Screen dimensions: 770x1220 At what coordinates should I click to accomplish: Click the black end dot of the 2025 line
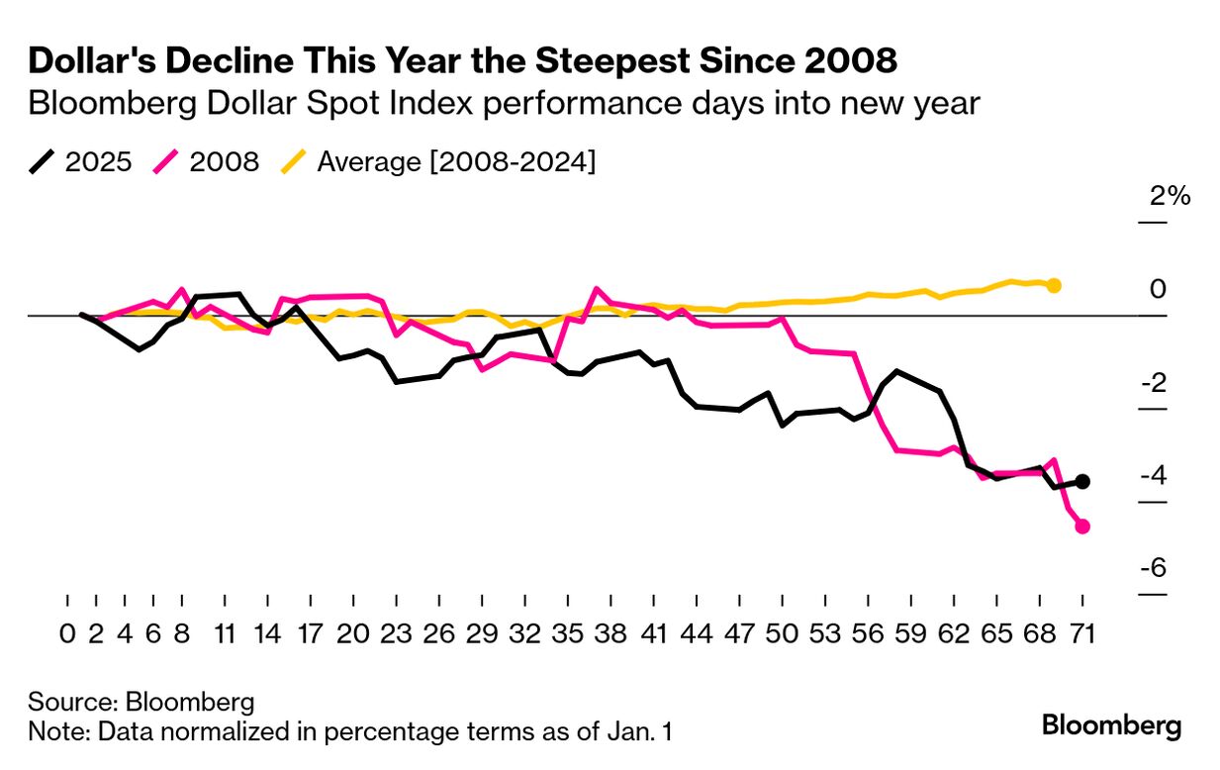(x=1082, y=481)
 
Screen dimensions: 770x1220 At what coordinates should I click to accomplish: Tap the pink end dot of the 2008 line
(x=1082, y=527)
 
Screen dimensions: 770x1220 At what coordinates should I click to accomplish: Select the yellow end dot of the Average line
(x=1054, y=286)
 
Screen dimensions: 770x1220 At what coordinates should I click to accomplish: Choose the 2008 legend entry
(x=208, y=161)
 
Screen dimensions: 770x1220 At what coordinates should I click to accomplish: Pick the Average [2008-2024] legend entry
(x=439, y=161)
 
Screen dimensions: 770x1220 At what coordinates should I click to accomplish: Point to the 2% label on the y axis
(x=1170, y=196)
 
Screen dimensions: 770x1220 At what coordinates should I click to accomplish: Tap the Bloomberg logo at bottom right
(x=1111, y=725)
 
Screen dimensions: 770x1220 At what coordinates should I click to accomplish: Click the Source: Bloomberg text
(x=141, y=703)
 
